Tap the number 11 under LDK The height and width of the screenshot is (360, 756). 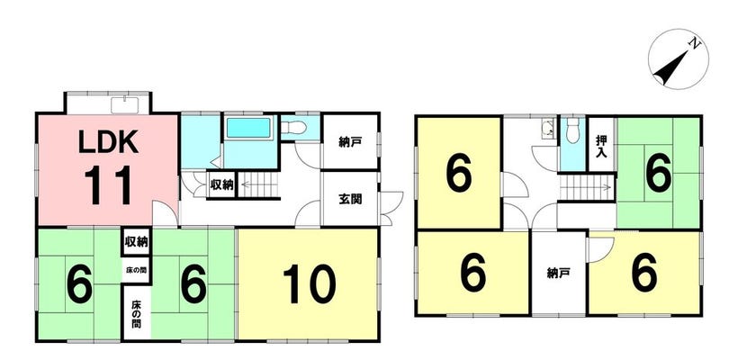pos(109,185)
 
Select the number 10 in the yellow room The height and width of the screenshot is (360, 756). pos(309,283)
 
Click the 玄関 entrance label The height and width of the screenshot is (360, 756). pos(350,199)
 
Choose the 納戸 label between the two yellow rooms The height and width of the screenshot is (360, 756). pos(559,274)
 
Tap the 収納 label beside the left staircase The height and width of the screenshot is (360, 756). pos(221,184)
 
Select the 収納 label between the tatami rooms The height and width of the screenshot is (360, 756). pos(136,241)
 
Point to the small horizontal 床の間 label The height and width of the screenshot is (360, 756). pos(136,270)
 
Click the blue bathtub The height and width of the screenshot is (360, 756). pos(248,128)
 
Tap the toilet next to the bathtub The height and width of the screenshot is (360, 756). pos(294,127)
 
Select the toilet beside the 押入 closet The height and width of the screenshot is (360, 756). pos(572,130)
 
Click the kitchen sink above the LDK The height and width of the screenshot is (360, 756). pos(125,105)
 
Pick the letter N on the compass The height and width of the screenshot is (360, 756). pos(694,44)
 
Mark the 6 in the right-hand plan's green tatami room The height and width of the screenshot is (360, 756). pos(659,175)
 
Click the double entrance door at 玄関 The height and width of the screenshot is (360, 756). pos(391,208)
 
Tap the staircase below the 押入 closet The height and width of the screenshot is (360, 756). pos(587,187)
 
